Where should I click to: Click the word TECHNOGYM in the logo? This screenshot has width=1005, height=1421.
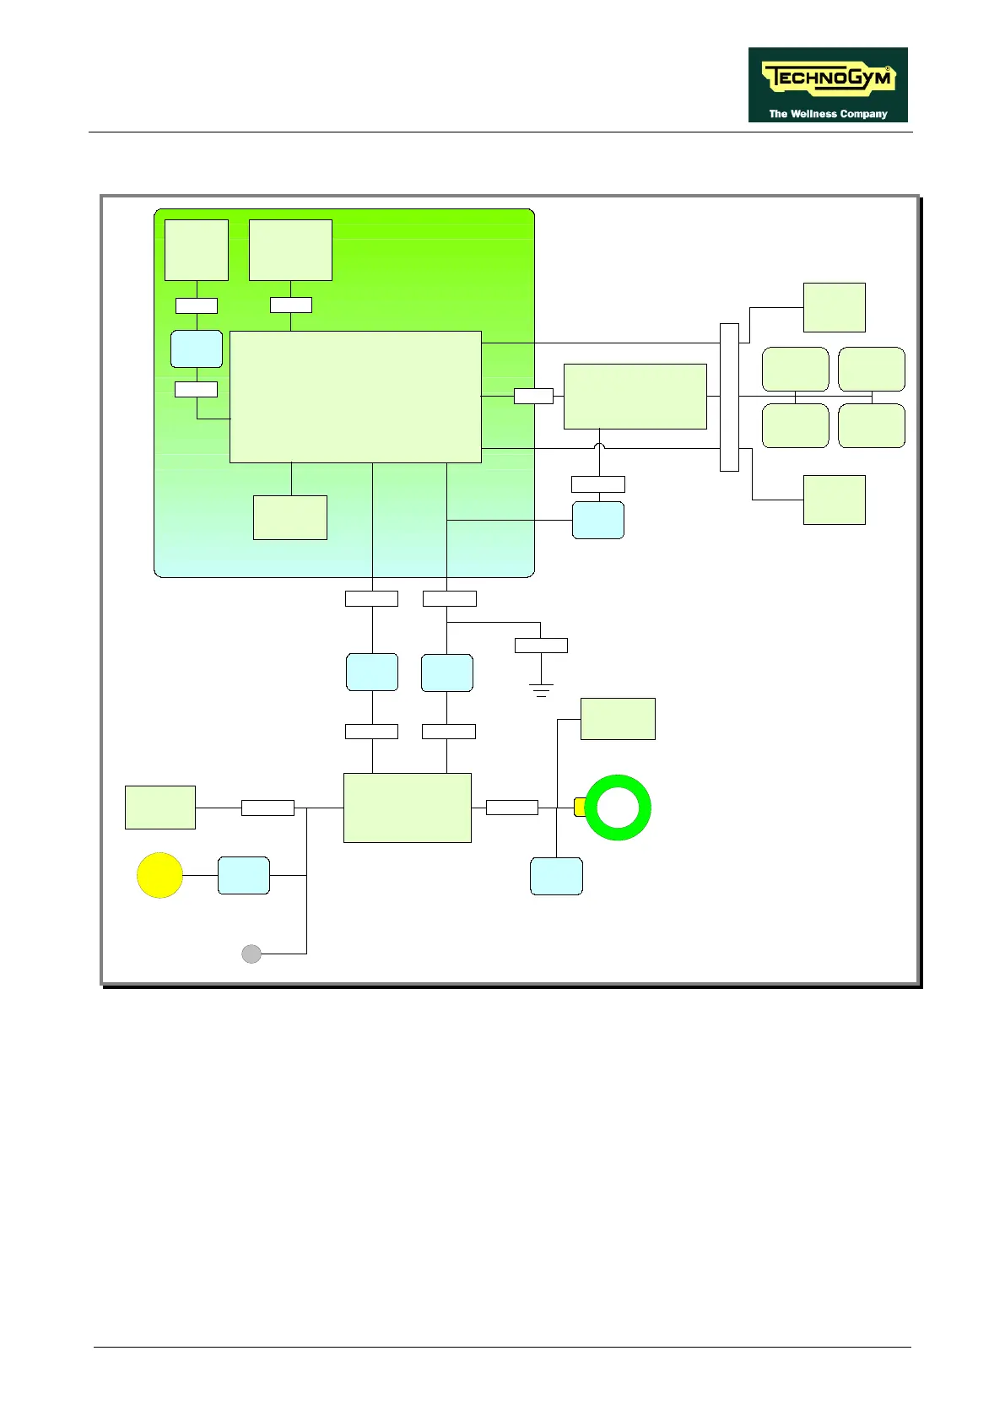[x=827, y=79]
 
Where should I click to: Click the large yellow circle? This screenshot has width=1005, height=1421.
[x=160, y=875]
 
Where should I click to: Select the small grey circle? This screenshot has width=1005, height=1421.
[x=251, y=954]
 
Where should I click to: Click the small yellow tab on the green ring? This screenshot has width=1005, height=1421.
[x=580, y=807]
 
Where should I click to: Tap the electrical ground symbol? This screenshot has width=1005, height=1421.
[x=541, y=689]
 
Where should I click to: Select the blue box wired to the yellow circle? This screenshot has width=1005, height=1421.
[x=244, y=875]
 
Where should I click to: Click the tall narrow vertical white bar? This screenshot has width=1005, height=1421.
[x=729, y=397]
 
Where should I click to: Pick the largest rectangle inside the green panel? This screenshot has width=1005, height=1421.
[x=355, y=397]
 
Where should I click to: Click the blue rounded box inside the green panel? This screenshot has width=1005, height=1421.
[x=197, y=348]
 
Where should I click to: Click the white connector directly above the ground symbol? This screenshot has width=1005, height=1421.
[x=541, y=646]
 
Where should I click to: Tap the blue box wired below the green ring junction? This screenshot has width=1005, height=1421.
[x=556, y=876]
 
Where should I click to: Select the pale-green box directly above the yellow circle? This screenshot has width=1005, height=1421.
[x=160, y=808]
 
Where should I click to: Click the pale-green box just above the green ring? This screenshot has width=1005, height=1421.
[x=618, y=719]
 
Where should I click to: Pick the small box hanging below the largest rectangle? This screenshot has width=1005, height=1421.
[x=290, y=517]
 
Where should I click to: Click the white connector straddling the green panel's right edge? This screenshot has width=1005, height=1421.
[x=533, y=396]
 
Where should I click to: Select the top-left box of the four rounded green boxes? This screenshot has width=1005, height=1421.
[x=795, y=369]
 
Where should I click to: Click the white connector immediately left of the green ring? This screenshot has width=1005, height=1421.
[x=512, y=808]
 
